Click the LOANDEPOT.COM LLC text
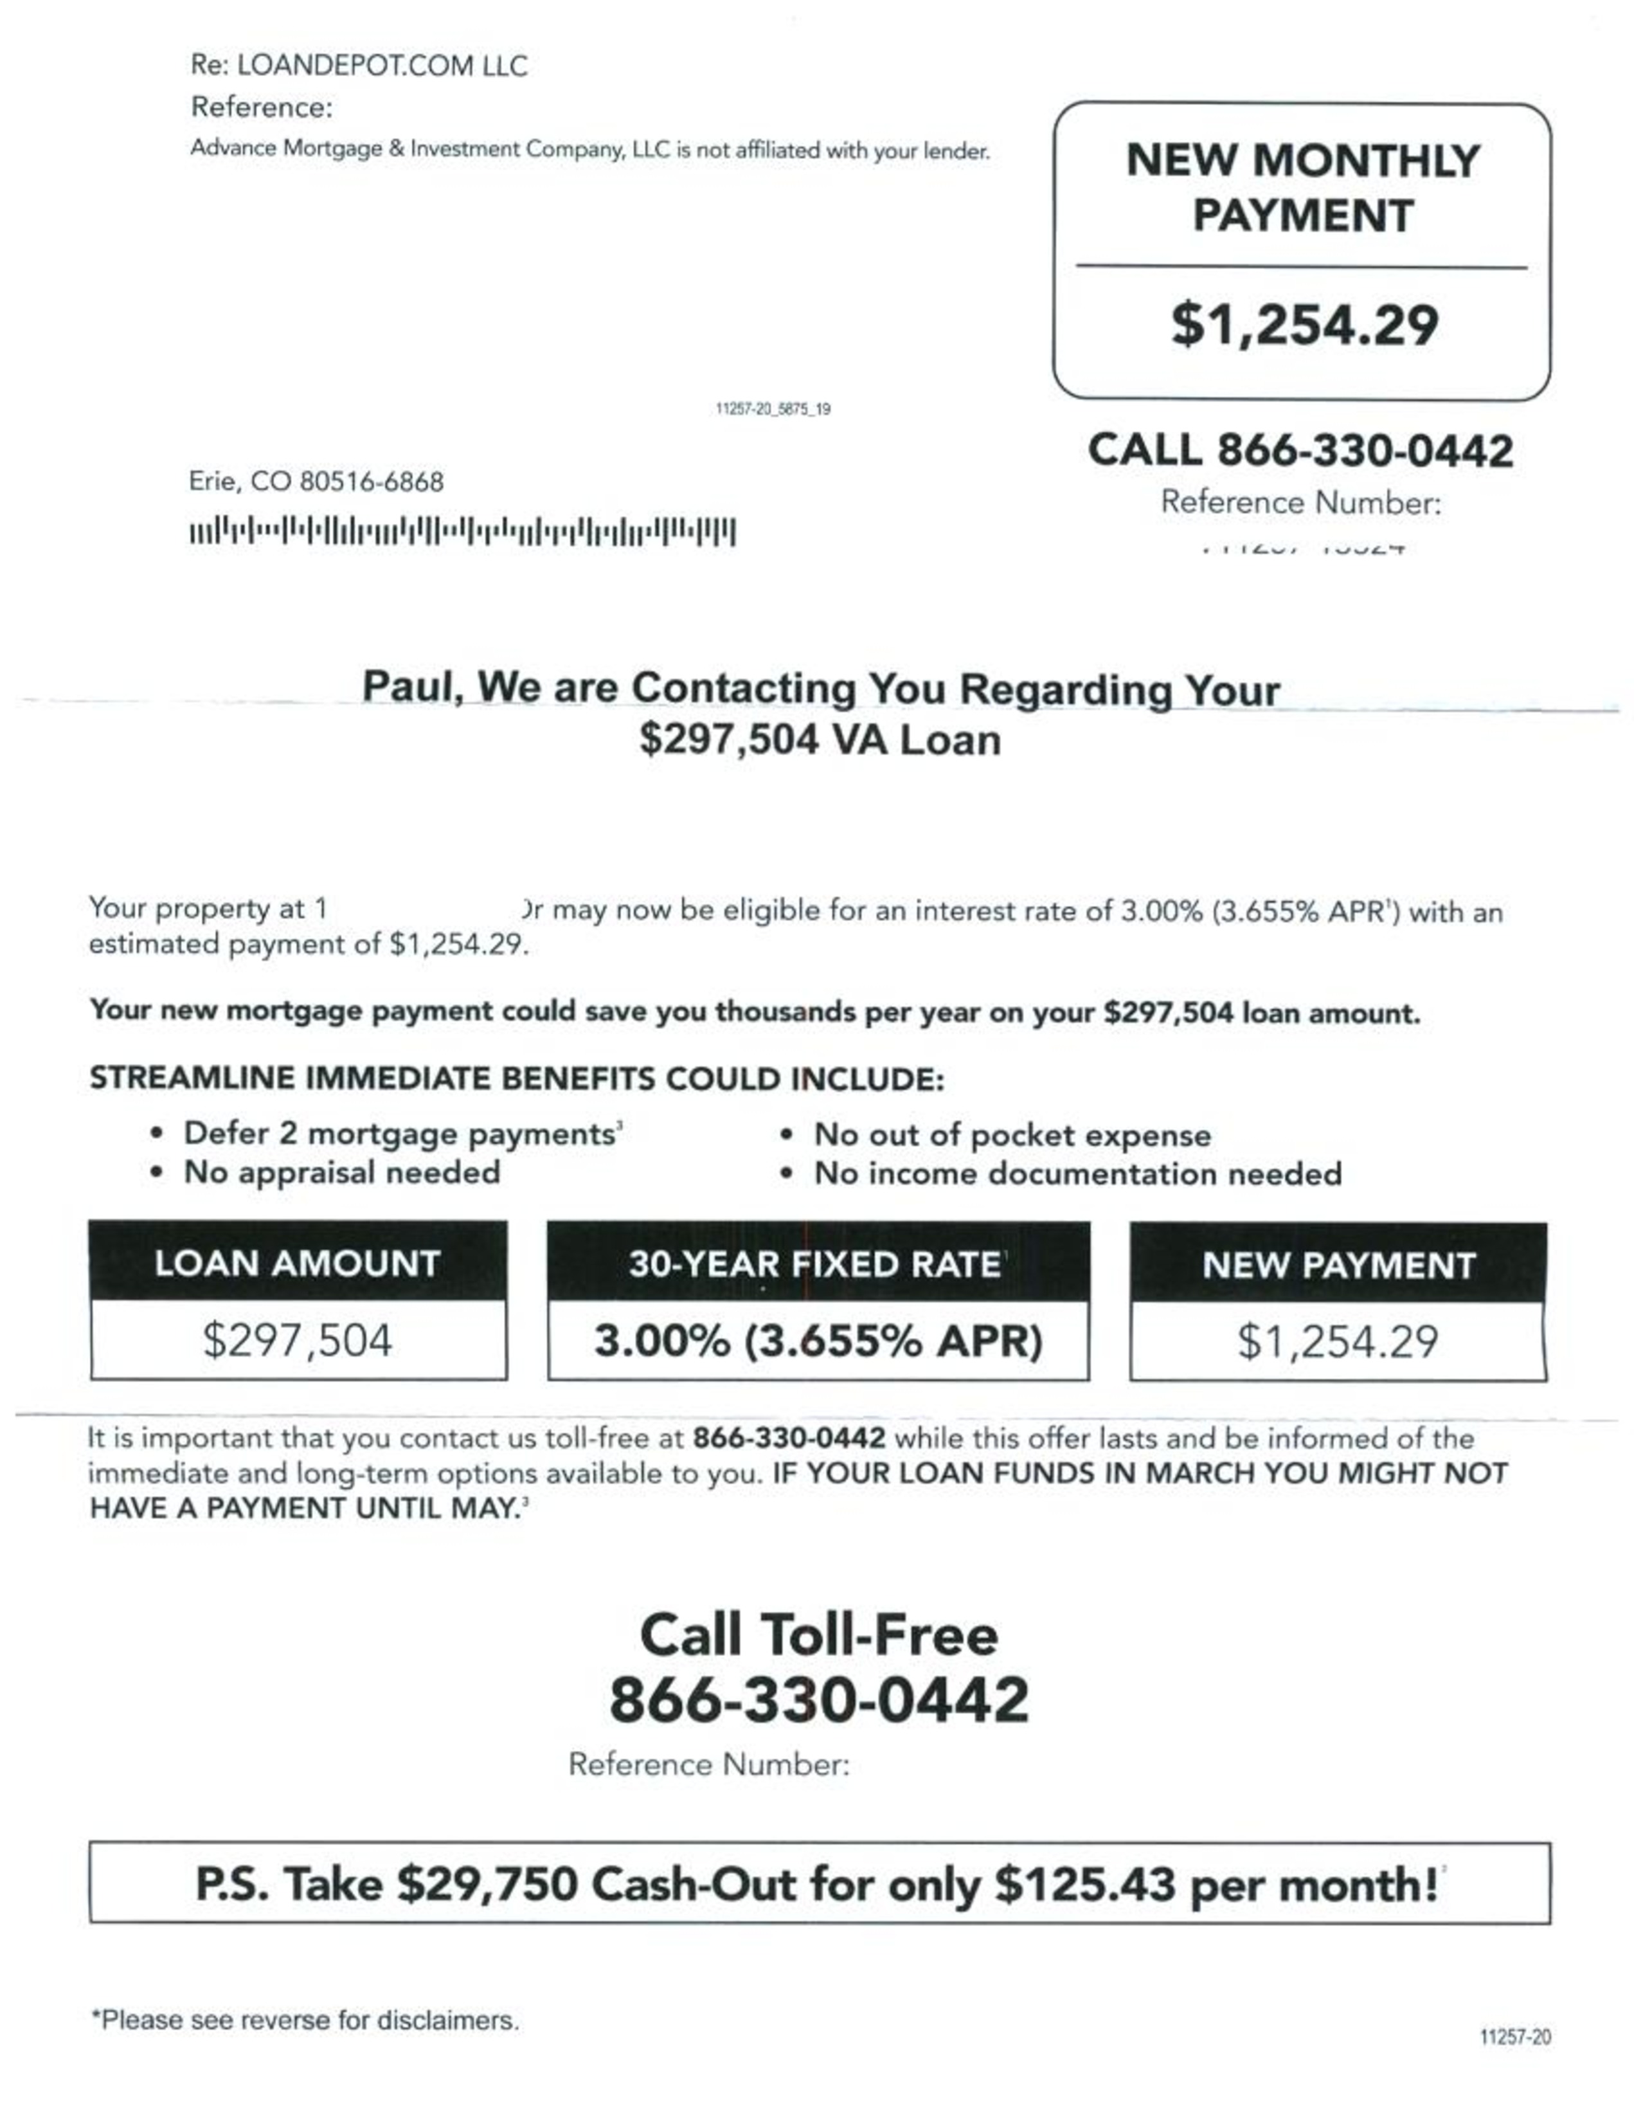pos(382,66)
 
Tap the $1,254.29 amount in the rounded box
pos(1304,325)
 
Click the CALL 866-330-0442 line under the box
pos(1300,451)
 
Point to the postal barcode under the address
pos(462,532)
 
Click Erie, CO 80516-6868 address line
pos(316,482)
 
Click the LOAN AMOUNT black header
pos(297,1263)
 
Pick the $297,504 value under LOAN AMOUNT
pos(297,1341)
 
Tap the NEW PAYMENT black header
pos(1338,1265)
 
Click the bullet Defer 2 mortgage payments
pos(399,1134)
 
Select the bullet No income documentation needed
pos(1077,1174)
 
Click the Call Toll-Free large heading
pos(818,1634)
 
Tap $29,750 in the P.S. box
pos(488,1884)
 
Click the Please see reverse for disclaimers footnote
pos(305,2020)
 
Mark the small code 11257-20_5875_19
pos(772,409)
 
